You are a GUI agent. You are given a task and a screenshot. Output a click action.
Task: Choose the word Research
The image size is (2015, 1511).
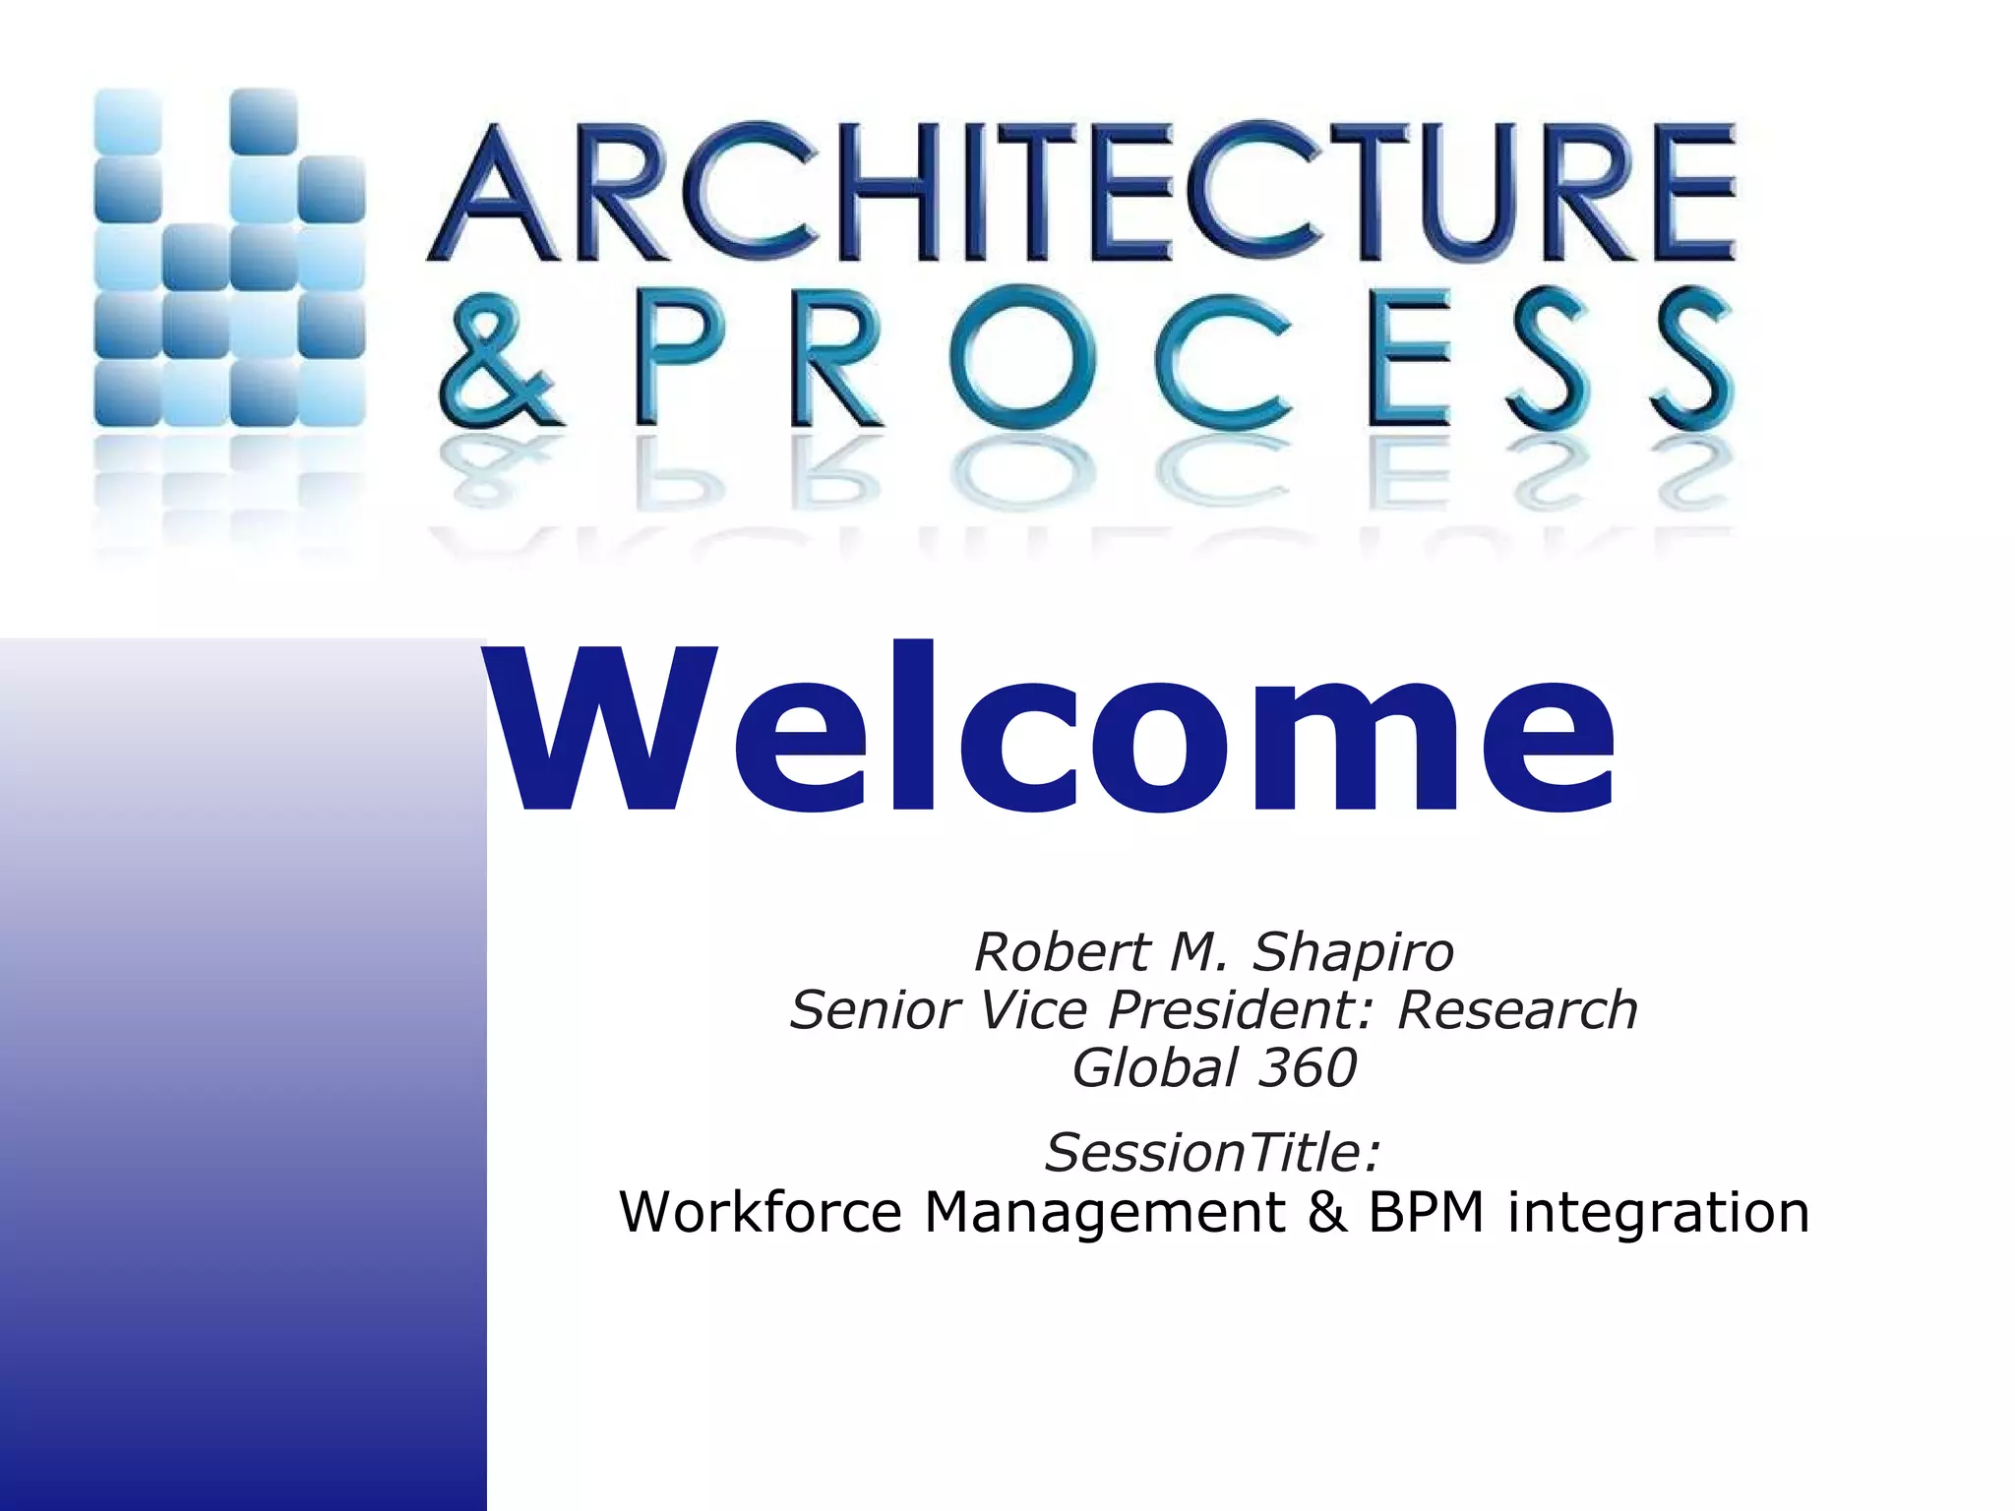coord(1517,1010)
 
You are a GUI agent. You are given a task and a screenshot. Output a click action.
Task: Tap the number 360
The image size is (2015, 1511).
coord(1309,1068)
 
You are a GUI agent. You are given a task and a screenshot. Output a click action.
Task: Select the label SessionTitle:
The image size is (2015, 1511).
coord(1213,1153)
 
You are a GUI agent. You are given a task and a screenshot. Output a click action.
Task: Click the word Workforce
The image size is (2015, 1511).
coord(760,1212)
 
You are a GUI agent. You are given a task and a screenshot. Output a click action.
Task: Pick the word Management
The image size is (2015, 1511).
coord(1105,1212)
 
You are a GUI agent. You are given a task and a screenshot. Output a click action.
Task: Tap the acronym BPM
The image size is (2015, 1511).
coord(1426,1212)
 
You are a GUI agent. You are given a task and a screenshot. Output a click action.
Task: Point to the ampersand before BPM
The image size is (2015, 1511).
coord(1327,1212)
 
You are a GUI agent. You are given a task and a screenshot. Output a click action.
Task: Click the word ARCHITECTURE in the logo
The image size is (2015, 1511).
coord(1080,192)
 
